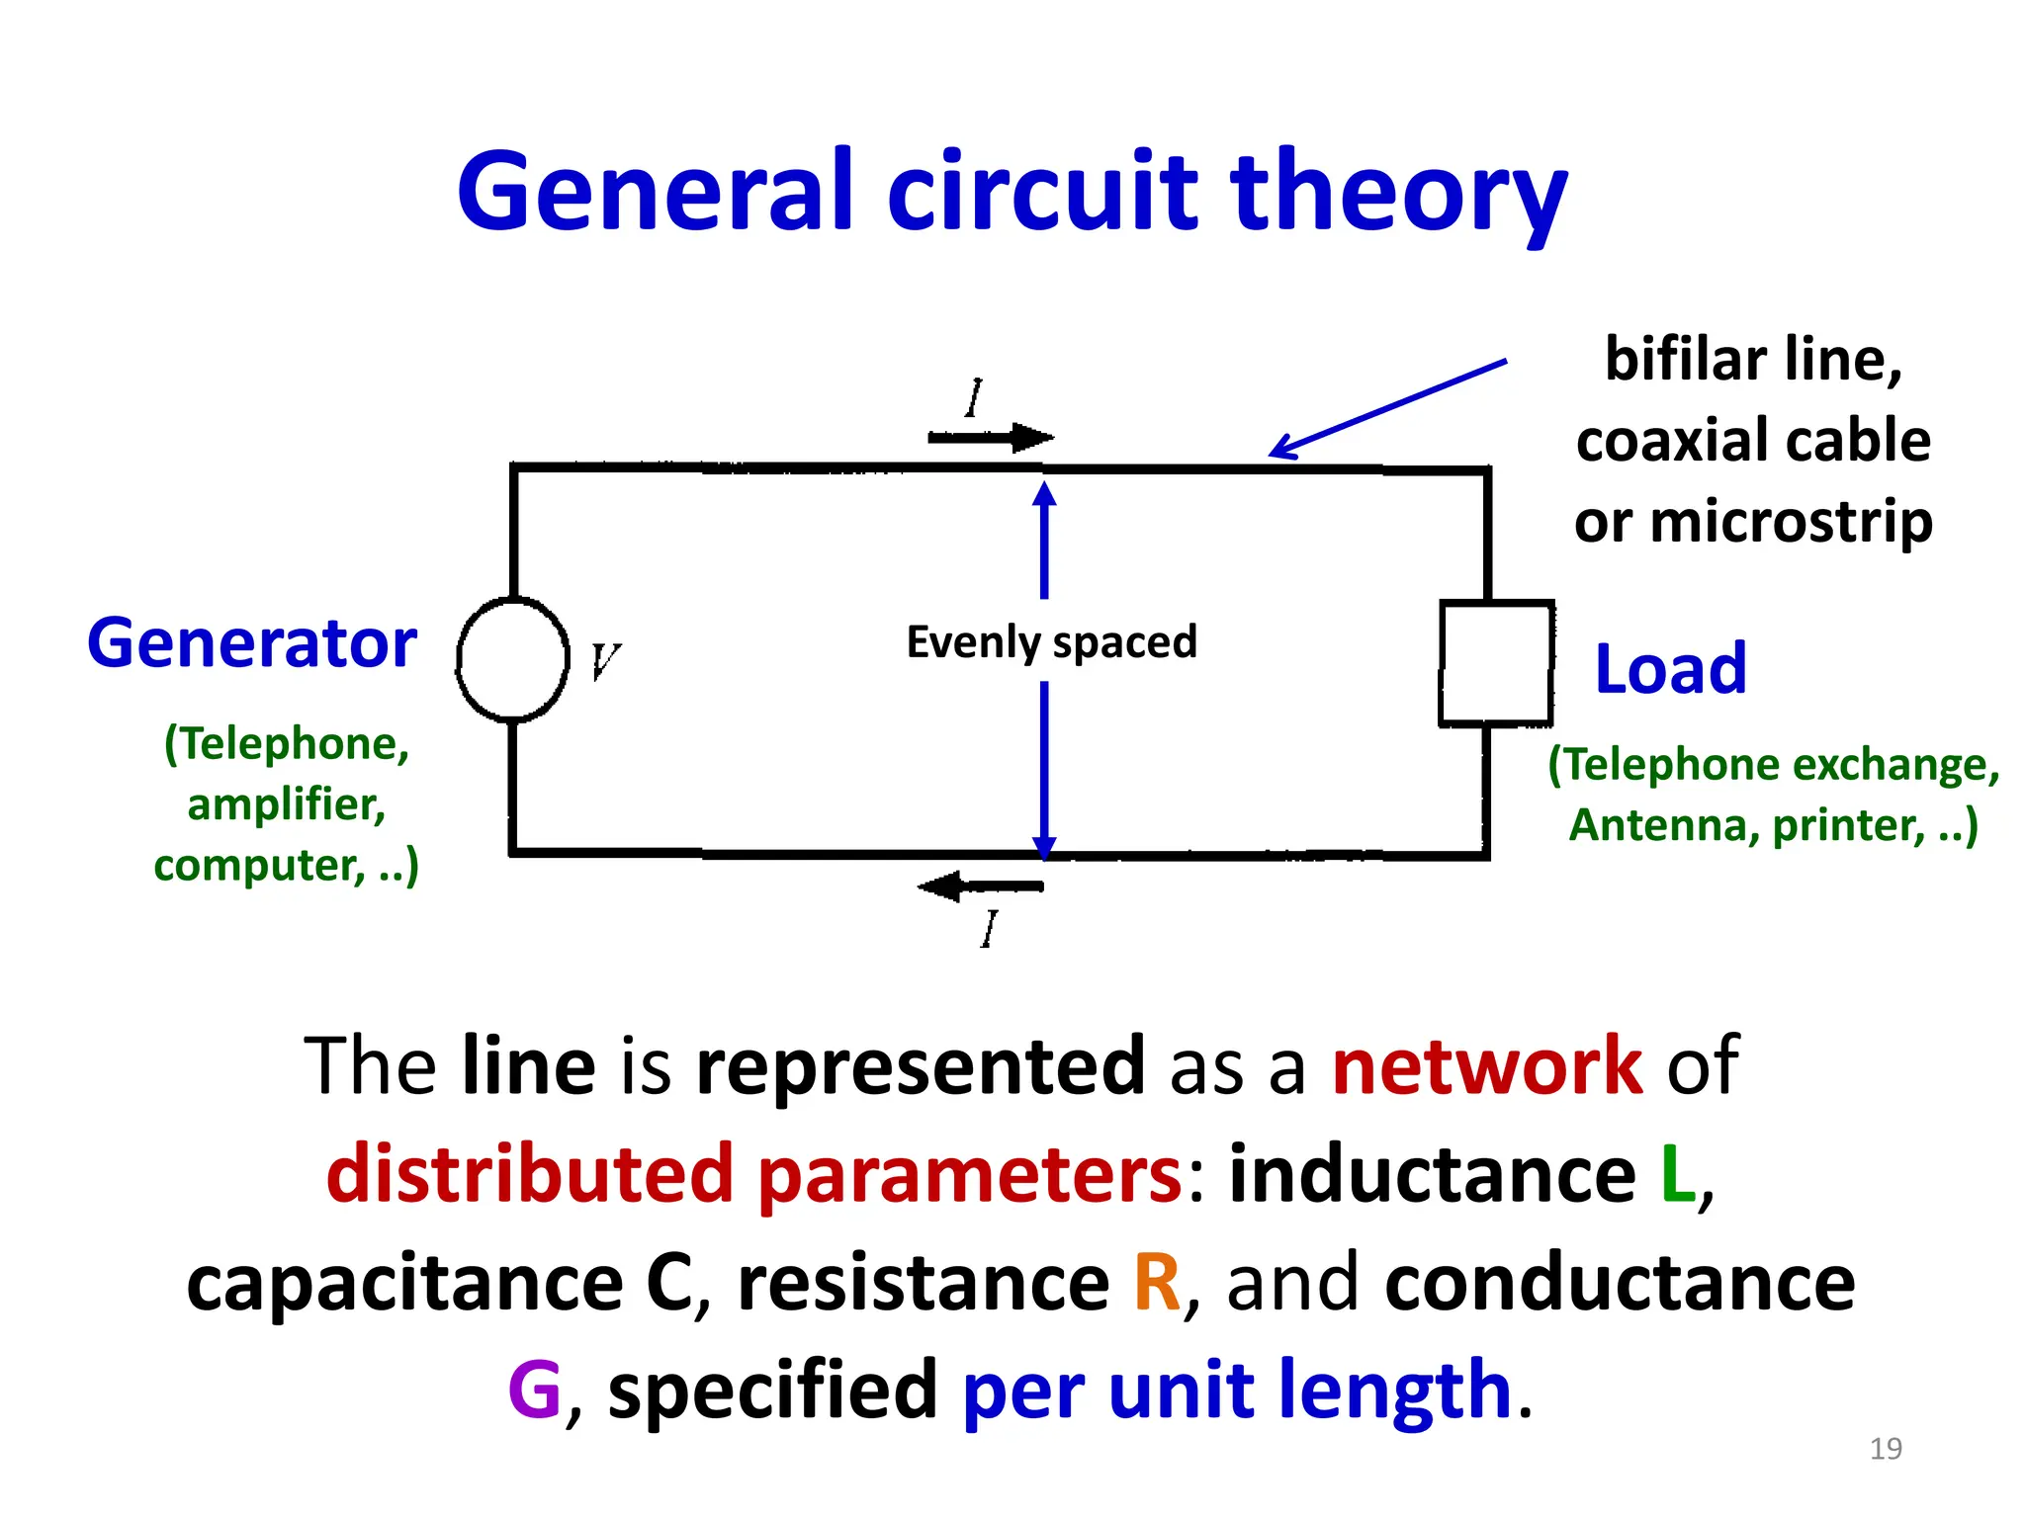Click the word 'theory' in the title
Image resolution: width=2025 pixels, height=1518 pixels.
coord(1397,193)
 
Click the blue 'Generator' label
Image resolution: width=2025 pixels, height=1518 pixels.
coord(252,644)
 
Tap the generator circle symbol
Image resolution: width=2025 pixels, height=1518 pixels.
coord(512,659)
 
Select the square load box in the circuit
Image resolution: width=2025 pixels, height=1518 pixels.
coord(1496,663)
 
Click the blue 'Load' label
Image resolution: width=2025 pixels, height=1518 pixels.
coord(1670,670)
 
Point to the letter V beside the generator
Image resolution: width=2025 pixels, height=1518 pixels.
coord(604,661)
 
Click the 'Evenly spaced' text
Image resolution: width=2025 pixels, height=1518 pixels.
coord(1051,642)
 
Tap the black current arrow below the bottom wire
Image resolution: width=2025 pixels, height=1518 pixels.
coord(980,886)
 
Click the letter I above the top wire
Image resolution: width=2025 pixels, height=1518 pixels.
coord(975,399)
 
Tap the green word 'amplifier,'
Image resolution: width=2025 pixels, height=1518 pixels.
coord(286,804)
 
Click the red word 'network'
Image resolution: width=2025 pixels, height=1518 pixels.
coord(1487,1066)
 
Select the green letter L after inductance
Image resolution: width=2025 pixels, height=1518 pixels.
coord(1677,1174)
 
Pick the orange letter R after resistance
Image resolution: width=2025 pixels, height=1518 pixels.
coord(1157,1283)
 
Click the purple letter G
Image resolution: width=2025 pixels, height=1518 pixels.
coord(534,1390)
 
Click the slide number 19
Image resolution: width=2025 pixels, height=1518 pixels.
coord(1886,1449)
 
